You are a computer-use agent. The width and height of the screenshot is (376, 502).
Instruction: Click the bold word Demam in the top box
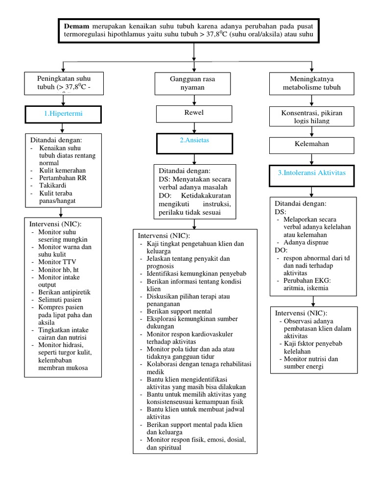pos(74,25)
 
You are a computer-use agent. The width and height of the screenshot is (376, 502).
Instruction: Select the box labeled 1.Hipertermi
pos(63,114)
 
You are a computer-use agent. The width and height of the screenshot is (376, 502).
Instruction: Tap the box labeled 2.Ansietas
pos(194,143)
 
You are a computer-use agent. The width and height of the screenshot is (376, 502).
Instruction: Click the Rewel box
pos(194,113)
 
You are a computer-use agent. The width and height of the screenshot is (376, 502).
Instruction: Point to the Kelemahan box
pos(311,145)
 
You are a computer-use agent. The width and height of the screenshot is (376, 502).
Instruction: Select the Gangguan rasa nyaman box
pos(194,83)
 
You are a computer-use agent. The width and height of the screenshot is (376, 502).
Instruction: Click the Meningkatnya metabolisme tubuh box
pos(311,83)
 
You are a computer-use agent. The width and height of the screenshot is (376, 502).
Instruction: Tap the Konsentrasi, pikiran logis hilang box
pos(311,117)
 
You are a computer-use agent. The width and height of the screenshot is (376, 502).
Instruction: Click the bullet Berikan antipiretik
pos(64,292)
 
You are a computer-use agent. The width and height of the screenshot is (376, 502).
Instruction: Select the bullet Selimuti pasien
pos(60,300)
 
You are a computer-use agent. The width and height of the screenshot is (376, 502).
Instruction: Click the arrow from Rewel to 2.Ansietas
pos(194,127)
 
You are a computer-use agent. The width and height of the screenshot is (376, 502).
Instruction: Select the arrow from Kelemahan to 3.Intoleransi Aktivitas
pos(311,159)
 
